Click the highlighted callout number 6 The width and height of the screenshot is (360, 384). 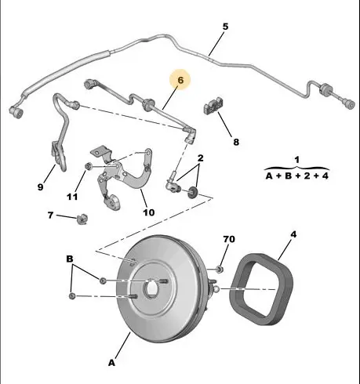point(180,80)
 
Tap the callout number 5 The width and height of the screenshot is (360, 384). point(225,27)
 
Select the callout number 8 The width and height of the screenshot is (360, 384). point(236,142)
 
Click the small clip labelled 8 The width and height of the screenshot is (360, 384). point(213,105)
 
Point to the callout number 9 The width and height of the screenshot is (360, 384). point(40,187)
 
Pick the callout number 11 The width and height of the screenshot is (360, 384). point(72,197)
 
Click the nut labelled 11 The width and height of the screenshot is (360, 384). point(88,166)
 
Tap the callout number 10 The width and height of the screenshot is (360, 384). point(149,212)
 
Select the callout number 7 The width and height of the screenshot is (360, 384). point(50,215)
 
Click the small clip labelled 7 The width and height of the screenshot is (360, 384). point(82,219)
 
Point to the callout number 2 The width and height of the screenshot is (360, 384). point(200,158)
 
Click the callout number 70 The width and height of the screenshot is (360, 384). point(229,239)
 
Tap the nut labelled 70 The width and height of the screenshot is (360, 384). point(220,269)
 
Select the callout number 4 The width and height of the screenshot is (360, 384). point(293,234)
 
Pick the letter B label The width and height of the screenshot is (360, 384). point(70,259)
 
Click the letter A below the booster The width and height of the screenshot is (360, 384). point(111,363)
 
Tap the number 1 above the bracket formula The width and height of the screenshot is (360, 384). point(296,160)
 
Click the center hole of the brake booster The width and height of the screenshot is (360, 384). point(151,288)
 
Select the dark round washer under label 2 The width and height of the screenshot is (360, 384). point(193,192)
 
